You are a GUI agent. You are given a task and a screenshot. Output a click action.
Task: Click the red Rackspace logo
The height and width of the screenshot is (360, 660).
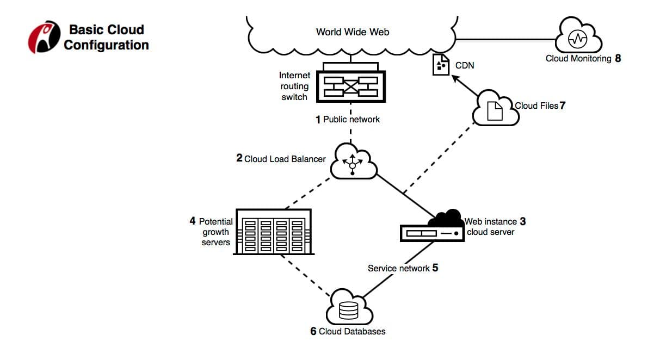(x=44, y=37)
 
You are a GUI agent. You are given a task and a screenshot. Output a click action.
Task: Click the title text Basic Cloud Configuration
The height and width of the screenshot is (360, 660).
(x=106, y=37)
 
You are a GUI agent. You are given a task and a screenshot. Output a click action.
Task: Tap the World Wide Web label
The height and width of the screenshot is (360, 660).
(x=352, y=32)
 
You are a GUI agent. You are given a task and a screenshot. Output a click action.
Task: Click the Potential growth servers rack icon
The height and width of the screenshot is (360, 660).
(x=273, y=232)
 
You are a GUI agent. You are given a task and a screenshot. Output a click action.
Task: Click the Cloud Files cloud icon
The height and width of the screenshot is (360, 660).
(x=495, y=109)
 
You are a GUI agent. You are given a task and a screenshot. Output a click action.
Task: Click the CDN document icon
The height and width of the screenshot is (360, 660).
(x=441, y=65)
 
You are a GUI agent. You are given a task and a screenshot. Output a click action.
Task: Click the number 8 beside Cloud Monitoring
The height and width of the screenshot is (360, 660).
(x=618, y=58)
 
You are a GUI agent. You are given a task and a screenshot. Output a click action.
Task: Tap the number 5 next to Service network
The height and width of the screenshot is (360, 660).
(x=435, y=268)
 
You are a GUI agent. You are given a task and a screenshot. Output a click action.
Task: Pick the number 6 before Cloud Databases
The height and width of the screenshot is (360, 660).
(x=313, y=331)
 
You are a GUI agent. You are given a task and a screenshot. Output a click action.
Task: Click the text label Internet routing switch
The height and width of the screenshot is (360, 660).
(x=294, y=86)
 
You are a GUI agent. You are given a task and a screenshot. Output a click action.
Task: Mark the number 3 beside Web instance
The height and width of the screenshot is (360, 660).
(x=523, y=221)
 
